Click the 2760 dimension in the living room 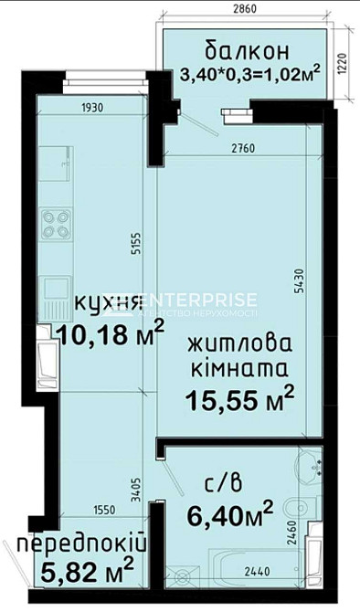pyautogui.click(x=241, y=146)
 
